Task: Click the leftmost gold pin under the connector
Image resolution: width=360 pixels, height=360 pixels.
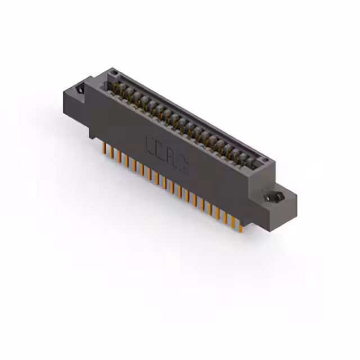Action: (103, 147)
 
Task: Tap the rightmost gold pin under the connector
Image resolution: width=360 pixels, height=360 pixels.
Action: (241, 225)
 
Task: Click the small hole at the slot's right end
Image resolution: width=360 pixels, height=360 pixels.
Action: (264, 159)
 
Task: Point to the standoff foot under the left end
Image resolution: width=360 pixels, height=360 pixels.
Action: (92, 132)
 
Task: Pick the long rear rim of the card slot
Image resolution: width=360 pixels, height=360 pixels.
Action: (191, 112)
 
